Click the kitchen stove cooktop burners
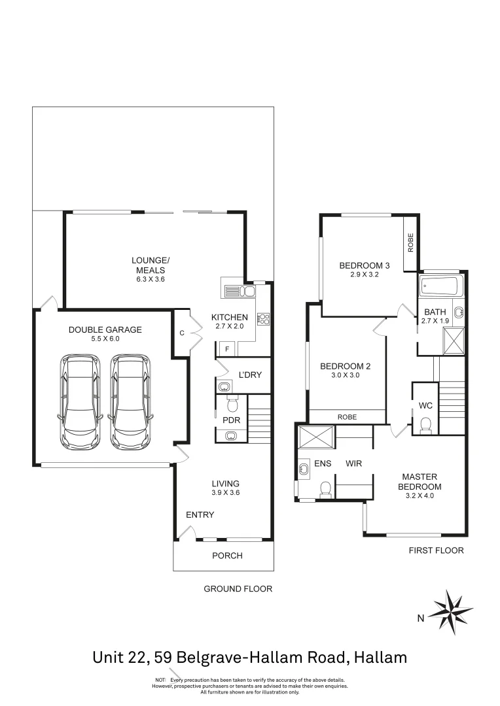[x=264, y=319]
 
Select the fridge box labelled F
[x=226, y=349]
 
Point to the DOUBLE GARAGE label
[x=105, y=329]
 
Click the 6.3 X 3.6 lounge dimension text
[x=150, y=279]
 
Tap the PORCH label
[x=228, y=556]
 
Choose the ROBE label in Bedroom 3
[x=410, y=243]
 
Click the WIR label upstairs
[x=354, y=463]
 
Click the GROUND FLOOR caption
[x=238, y=588]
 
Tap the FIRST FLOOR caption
[x=436, y=550]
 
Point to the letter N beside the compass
[x=422, y=618]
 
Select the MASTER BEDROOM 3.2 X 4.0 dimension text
[x=420, y=496]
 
